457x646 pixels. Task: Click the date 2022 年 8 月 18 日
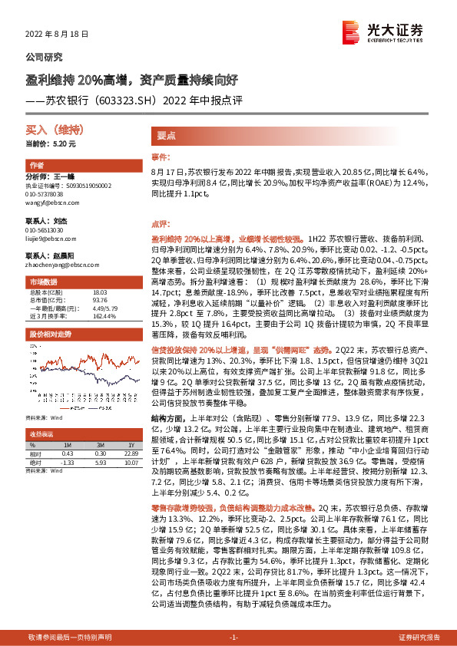tap(58, 35)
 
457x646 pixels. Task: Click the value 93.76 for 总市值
tap(100, 300)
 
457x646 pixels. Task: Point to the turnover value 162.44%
tap(104, 315)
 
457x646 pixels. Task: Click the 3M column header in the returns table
tap(101, 445)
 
